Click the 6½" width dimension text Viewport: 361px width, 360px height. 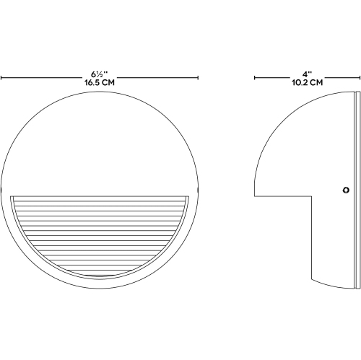tap(99, 75)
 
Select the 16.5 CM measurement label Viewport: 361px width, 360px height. tap(99, 84)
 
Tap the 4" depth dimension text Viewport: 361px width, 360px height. tap(307, 75)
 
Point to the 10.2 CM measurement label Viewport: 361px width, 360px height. tap(307, 84)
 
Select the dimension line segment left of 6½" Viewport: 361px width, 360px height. tap(43, 76)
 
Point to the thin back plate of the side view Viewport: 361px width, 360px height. tap(357, 188)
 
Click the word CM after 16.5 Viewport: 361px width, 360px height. tap(108, 84)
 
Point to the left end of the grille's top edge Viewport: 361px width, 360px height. tap(14, 194)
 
